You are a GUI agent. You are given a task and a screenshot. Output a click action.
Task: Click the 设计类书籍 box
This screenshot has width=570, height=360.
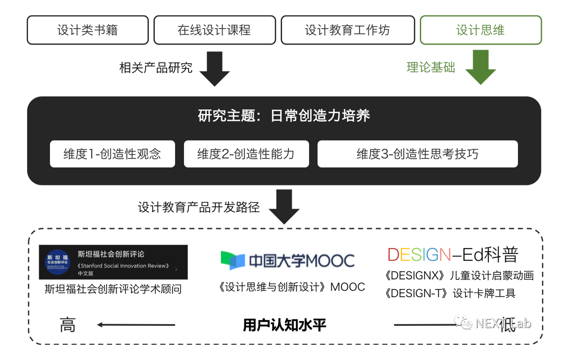[x=88, y=30]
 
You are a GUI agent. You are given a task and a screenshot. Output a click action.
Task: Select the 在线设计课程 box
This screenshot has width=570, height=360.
[x=214, y=30]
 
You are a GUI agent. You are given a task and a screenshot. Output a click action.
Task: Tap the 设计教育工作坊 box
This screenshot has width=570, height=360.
[x=347, y=30]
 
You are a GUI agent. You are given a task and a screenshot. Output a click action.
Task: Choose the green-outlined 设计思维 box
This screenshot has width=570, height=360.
[x=481, y=30]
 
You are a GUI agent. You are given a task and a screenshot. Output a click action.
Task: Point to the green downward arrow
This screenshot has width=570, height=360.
[x=481, y=68]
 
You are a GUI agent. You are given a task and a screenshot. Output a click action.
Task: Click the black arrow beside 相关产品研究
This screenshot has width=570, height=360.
[x=214, y=69]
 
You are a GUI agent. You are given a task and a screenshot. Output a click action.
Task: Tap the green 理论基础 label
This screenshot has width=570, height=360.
[x=430, y=68]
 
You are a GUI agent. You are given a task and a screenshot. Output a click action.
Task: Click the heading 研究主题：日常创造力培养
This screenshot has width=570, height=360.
[x=284, y=115]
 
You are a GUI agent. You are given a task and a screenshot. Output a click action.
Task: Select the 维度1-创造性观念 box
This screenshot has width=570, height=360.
[x=112, y=153]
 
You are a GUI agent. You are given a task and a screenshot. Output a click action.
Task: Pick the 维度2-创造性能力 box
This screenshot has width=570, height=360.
[x=246, y=153]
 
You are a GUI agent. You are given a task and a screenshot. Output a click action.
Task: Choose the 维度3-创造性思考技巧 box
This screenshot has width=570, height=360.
[x=417, y=153]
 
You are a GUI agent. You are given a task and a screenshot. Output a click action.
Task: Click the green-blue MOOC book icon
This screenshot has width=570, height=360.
[x=232, y=260]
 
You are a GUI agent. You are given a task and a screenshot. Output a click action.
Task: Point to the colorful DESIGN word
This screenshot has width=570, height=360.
[x=419, y=255]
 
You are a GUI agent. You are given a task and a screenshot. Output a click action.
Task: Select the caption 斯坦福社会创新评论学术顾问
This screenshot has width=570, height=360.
[x=113, y=289]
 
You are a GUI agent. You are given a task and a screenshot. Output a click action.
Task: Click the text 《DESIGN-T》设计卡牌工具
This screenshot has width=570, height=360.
[x=450, y=293]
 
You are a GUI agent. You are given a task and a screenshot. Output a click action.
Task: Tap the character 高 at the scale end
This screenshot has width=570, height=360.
[x=67, y=325]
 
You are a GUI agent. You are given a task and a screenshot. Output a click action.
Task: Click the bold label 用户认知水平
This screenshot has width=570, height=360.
[x=284, y=325]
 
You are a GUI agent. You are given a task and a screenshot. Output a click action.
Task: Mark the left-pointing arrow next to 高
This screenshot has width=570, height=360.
[x=136, y=325]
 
